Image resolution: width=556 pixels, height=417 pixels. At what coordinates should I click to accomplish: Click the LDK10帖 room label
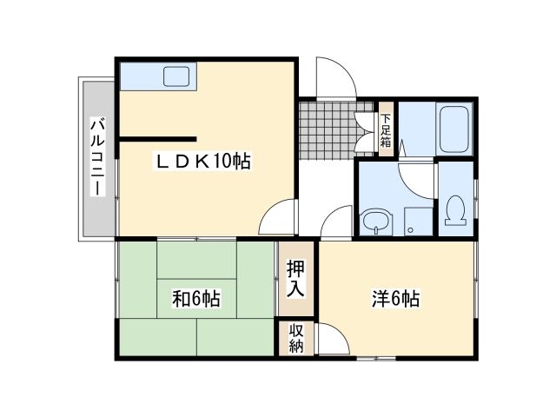[x=203, y=161]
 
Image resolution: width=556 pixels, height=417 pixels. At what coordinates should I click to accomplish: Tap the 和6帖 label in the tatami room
[x=195, y=300]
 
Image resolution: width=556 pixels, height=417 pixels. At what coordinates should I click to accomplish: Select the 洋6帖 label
[x=395, y=299]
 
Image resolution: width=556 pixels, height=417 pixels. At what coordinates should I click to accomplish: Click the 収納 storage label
[x=296, y=338]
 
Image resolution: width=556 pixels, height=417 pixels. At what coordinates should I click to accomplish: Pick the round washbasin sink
[x=376, y=222]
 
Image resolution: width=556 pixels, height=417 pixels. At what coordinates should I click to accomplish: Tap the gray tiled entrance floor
[x=328, y=130]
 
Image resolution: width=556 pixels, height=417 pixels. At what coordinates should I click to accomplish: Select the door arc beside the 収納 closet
[x=334, y=339]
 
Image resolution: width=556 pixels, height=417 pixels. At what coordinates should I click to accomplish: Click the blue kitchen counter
[x=139, y=76]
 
